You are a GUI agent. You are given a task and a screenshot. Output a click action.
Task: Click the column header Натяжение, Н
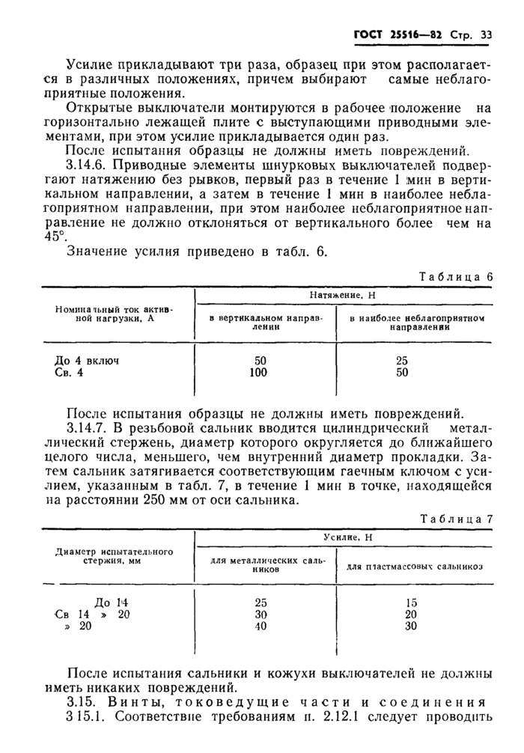click(341, 296)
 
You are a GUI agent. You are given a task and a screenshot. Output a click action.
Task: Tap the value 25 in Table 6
click(402, 361)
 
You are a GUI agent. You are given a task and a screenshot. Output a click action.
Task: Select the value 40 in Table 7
click(261, 627)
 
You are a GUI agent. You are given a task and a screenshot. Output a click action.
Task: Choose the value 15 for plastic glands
click(411, 602)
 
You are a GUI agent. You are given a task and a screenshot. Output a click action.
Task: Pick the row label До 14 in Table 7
click(113, 602)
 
